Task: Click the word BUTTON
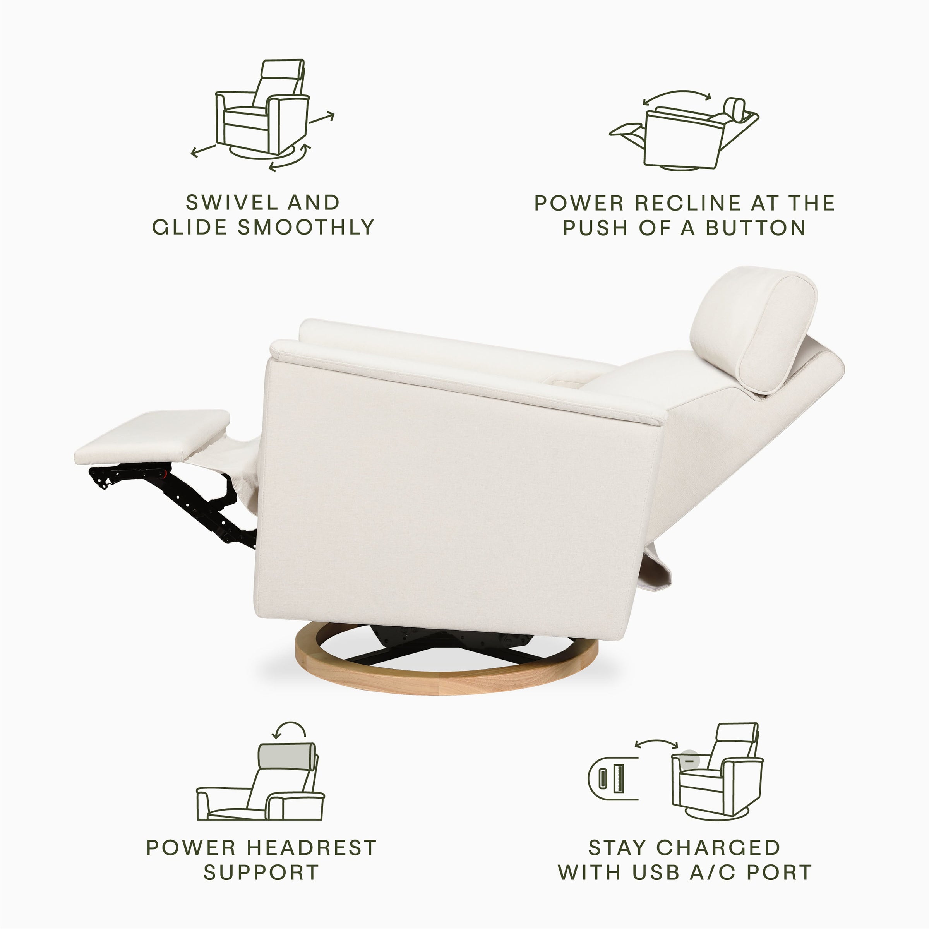pyautogui.click(x=756, y=228)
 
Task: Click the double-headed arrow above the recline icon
pyautogui.click(x=677, y=96)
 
